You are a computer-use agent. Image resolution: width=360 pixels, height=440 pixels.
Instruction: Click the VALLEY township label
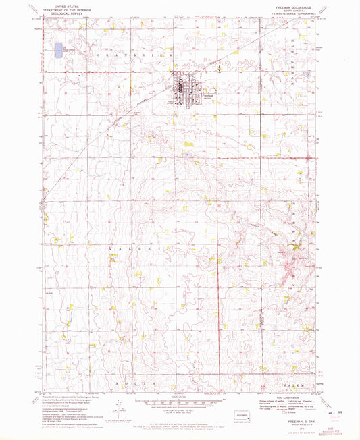(x=134, y=248)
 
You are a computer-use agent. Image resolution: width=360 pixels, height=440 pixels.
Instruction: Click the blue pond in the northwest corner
(x=58, y=50)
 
